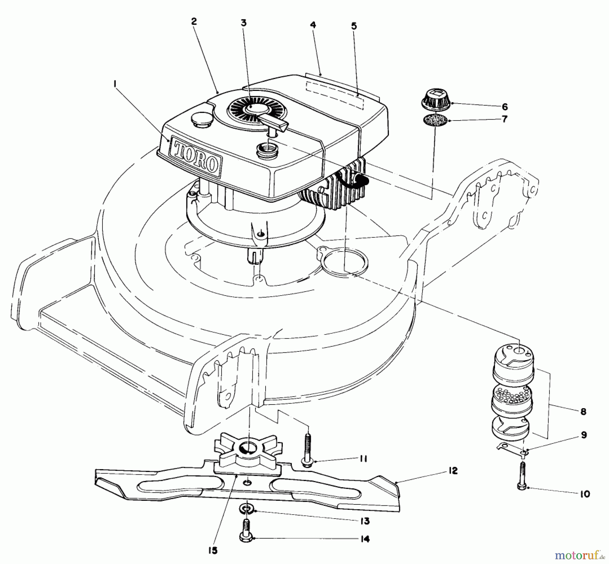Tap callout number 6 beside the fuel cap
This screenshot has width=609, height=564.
pos(504,107)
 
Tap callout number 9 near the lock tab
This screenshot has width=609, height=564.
pos(584,435)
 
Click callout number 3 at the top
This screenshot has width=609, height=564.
pos(244,23)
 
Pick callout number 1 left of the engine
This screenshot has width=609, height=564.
pos(115,82)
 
